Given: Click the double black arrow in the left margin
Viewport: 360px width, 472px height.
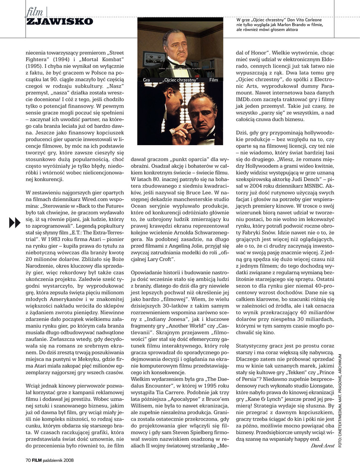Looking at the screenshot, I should coord(15,221).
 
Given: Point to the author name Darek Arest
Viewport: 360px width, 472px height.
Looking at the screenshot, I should coord(322,445).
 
